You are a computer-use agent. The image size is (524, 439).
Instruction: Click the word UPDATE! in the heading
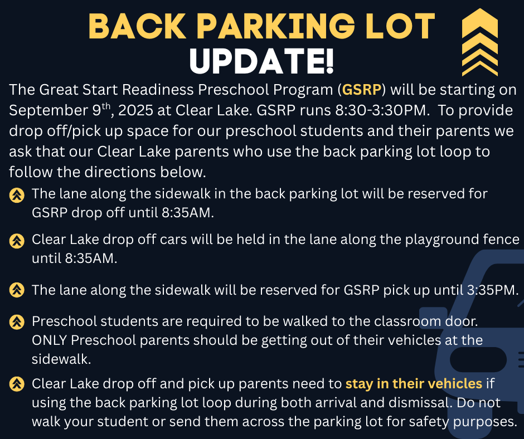pos(261,61)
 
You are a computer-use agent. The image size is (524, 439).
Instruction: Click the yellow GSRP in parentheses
pos(362,90)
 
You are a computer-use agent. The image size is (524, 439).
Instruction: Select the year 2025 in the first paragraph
pos(135,110)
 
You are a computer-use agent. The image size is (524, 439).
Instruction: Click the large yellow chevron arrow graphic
pos(480,42)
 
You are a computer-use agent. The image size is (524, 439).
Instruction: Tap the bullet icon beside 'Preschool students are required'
pos(17,322)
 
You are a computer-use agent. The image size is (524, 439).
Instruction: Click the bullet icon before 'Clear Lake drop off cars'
pos(17,241)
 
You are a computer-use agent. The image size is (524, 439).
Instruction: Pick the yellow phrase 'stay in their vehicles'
pos(414,383)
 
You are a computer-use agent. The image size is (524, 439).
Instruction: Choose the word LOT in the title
pos(400,26)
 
